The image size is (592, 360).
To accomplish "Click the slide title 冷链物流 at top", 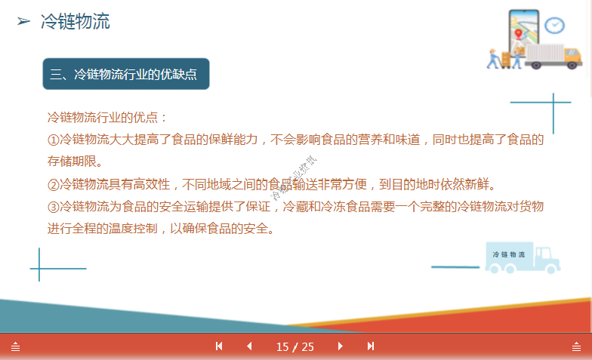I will click(75, 22).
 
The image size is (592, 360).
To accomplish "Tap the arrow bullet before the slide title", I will click(23, 23).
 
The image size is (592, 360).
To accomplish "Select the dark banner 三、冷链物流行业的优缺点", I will click(125, 74).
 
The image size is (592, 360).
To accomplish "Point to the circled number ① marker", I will click(53, 140).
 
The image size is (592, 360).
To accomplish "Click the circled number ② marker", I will click(53, 185).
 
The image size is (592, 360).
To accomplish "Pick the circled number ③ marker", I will click(53, 207).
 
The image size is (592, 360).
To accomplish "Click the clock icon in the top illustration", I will click(555, 25).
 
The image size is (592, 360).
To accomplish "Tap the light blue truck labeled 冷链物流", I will click(523, 257).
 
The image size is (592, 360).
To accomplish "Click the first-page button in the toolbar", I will click(219, 346).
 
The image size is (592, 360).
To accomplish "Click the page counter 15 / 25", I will click(295, 346).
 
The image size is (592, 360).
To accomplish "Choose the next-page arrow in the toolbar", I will click(341, 346).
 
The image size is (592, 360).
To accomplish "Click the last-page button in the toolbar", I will click(371, 346).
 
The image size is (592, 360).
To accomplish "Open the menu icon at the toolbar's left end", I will click(15, 346).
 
